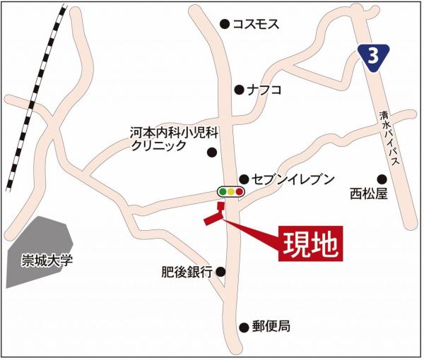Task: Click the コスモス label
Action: point(257,24)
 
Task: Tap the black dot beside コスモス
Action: point(225,24)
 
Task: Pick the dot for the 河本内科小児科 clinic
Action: point(211,151)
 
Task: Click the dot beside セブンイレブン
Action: point(244,179)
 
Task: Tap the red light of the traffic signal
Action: point(240,191)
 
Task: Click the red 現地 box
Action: point(311,244)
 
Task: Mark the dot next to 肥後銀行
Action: point(220,271)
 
